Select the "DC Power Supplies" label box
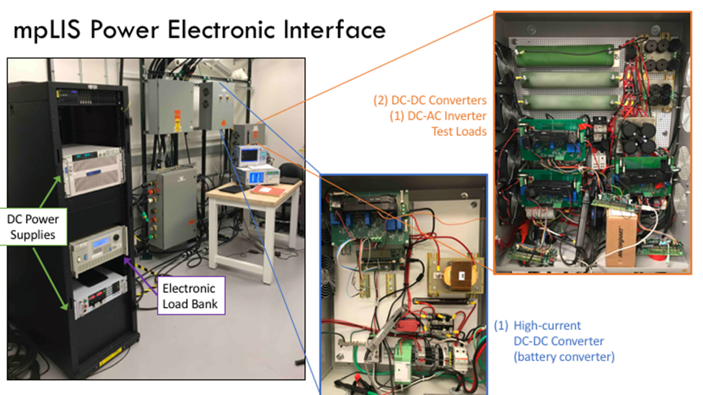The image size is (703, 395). pos(33,226)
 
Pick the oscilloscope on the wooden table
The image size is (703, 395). pos(255,154)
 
